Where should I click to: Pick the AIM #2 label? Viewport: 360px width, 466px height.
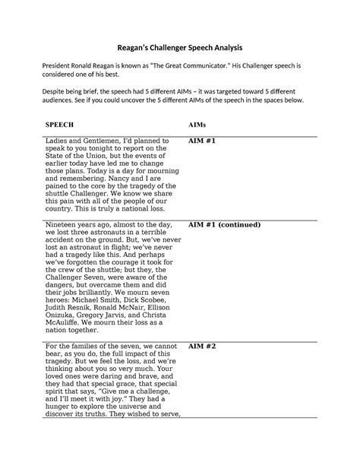pos(203,346)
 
